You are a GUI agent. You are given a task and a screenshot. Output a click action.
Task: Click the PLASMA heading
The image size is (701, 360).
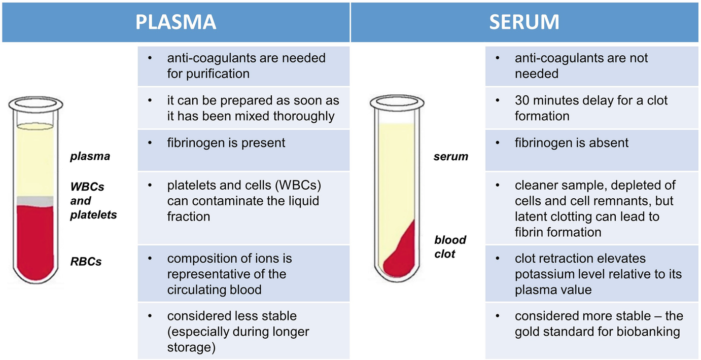coord(176,22)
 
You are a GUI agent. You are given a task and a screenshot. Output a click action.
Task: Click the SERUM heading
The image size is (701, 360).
coord(524,22)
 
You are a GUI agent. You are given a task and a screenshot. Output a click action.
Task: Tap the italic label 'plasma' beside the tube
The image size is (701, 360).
coord(90,156)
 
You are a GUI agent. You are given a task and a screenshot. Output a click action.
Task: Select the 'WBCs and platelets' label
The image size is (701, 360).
coord(93,200)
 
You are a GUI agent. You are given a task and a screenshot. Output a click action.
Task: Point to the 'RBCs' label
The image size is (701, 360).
coord(86,262)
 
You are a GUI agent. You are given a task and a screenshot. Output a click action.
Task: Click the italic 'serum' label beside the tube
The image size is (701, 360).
coord(451,157)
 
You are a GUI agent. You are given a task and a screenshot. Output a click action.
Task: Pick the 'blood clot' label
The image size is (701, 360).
coord(450,246)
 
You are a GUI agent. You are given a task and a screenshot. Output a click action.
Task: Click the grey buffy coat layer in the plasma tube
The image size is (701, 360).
coord(35,200)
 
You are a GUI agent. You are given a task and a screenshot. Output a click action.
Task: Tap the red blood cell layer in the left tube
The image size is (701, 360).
coord(35,238)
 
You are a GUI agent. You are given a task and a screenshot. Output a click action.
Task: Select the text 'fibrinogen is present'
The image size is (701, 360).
coord(226,143)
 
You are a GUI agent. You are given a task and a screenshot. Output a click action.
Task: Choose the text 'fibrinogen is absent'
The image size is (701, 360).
coord(571,143)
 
